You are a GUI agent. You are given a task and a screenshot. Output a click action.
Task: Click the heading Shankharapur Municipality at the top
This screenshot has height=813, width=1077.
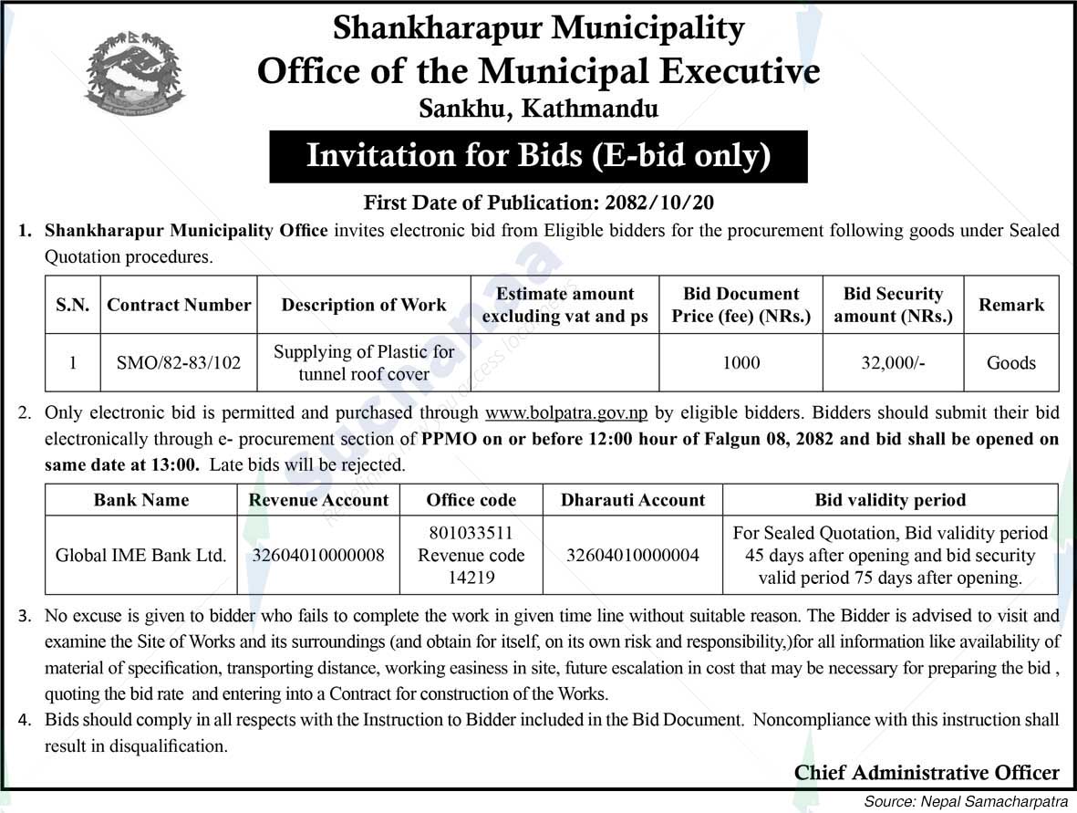coord(538,28)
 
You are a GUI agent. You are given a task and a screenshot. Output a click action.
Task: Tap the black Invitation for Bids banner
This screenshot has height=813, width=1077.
coord(538,156)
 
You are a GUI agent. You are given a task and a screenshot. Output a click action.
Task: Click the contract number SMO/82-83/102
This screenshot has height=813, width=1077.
coord(179,362)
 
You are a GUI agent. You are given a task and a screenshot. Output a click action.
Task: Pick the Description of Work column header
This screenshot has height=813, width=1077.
coord(363,305)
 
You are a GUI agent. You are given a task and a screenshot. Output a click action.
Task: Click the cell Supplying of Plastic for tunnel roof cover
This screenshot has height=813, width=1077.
coord(363,362)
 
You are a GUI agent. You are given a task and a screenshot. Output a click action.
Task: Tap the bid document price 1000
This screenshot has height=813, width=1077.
coord(740,362)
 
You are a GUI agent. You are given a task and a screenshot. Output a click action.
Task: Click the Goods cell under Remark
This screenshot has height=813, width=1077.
coord(1010,362)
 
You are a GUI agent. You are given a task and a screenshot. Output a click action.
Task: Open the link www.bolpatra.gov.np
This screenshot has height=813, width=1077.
coord(567,412)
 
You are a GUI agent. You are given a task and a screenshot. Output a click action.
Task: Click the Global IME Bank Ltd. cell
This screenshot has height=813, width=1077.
coord(141,555)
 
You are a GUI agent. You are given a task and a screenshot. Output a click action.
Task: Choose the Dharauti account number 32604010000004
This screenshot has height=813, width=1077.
coord(633,555)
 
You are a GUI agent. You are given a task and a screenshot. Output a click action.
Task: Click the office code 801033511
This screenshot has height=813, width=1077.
coord(471,533)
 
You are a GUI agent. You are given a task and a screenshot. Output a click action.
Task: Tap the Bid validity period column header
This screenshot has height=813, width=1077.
coord(890,500)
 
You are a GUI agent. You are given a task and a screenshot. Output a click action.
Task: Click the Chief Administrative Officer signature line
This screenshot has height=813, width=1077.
coord(927,773)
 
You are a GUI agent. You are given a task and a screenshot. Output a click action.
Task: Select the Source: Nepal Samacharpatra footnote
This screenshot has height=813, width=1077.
coord(967,800)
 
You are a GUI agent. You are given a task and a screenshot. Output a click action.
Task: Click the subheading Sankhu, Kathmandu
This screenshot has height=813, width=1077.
coord(538,109)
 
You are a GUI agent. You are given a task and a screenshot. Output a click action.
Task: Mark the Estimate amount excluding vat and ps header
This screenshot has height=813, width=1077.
coord(564,305)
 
